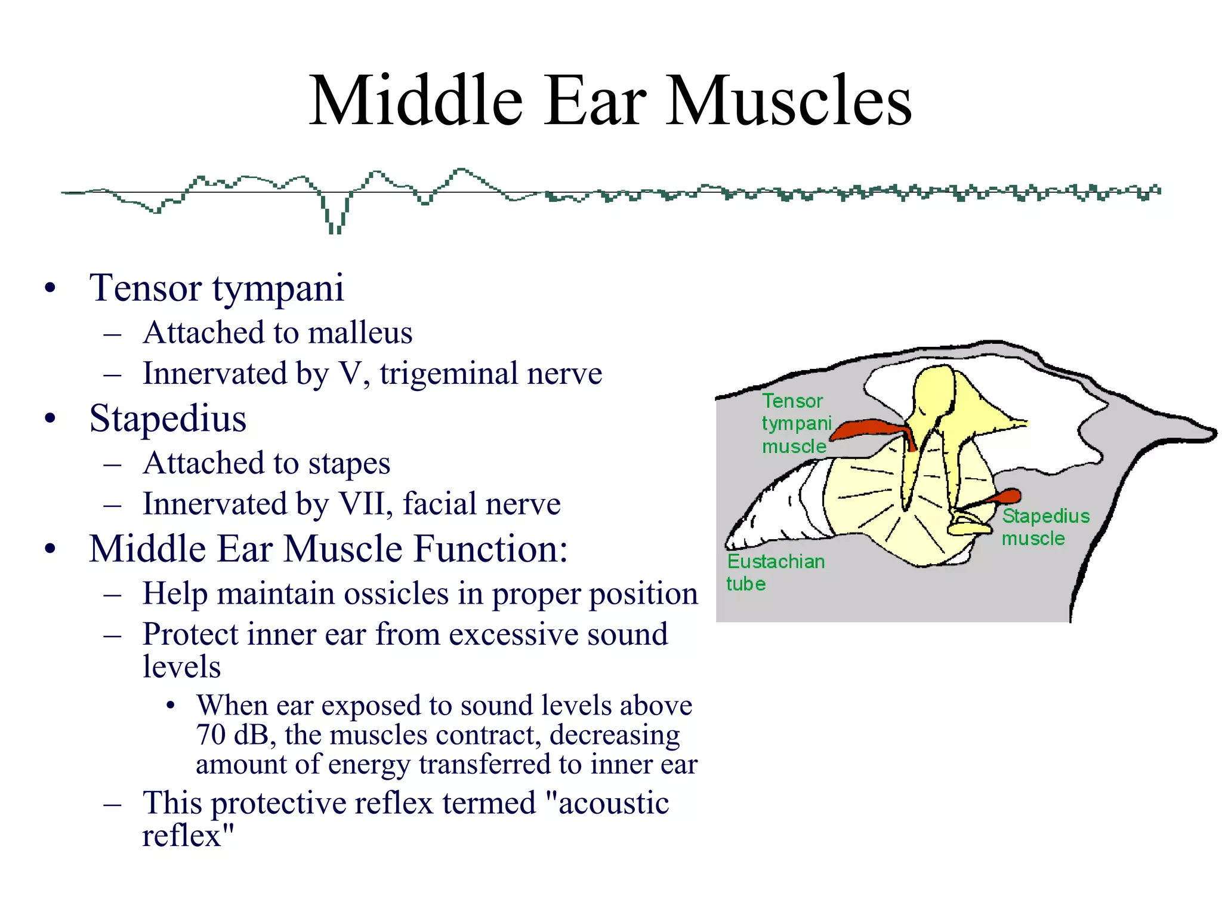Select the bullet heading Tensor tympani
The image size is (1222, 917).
(217, 288)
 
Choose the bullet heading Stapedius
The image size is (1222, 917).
(168, 419)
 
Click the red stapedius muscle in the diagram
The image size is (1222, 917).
(1002, 497)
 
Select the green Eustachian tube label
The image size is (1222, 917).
(774, 572)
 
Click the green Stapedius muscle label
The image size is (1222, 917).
(1044, 527)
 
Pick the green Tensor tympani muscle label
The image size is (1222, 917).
(795, 423)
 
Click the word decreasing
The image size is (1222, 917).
(614, 736)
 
